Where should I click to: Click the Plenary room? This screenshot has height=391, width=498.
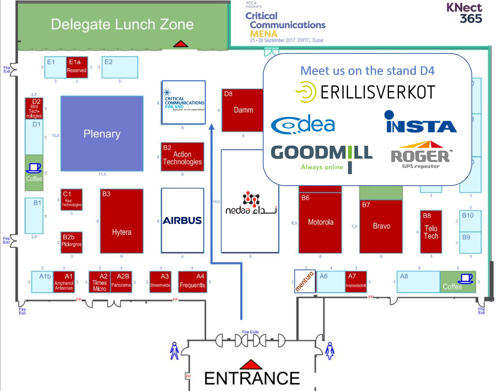pyautogui.click(x=102, y=133)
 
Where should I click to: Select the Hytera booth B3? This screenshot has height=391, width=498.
pyautogui.click(x=122, y=221)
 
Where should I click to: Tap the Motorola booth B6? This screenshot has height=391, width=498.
pyautogui.click(x=320, y=222)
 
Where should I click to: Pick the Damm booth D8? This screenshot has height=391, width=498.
pyautogui.click(x=243, y=110)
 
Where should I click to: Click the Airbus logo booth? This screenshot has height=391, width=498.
pyautogui.click(x=182, y=220)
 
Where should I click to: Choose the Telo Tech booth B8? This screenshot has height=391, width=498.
pyautogui.click(x=431, y=232)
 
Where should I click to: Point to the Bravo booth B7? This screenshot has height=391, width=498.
pyautogui.click(x=381, y=226)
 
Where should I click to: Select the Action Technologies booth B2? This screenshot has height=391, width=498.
pyautogui.click(x=182, y=157)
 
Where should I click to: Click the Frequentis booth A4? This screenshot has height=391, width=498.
pyautogui.click(x=193, y=282)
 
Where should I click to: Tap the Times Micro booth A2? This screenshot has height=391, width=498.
pyautogui.click(x=99, y=282)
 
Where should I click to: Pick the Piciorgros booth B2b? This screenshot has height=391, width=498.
pyautogui.click(x=71, y=242)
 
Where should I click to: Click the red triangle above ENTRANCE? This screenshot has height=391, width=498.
pyautogui.click(x=251, y=364)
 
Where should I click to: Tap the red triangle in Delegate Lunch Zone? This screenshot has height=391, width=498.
pyautogui.click(x=180, y=44)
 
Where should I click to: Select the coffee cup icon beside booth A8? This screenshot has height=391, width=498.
pyautogui.click(x=466, y=278)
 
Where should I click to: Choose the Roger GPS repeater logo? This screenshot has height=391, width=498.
pyautogui.click(x=421, y=155)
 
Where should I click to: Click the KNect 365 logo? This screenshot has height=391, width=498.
pyautogui.click(x=464, y=13)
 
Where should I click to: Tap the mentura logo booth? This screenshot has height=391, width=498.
pyautogui.click(x=305, y=281)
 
